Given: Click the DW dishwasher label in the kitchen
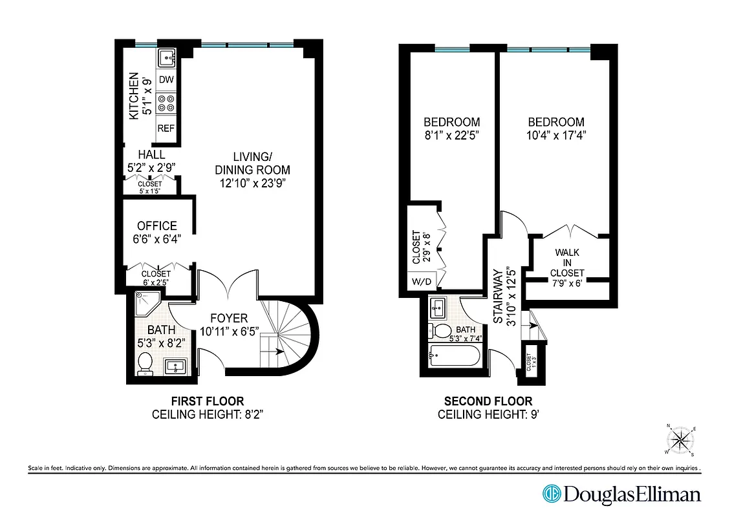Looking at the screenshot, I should pyautogui.click(x=166, y=80).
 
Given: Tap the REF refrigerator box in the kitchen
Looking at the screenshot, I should pyautogui.click(x=166, y=129).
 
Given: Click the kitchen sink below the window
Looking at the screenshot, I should pyautogui.click(x=167, y=58).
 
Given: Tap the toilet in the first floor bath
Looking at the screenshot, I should pyautogui.click(x=145, y=363).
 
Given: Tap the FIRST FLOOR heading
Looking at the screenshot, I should pyautogui.click(x=208, y=401).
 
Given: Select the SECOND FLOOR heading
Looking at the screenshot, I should pyautogui.click(x=488, y=401).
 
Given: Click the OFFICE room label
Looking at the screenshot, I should pyautogui.click(x=156, y=226).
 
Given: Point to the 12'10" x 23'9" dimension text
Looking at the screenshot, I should pyautogui.click(x=252, y=183).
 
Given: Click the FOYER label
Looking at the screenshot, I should pyautogui.click(x=229, y=319).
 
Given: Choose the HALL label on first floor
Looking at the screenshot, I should pyautogui.click(x=151, y=155).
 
